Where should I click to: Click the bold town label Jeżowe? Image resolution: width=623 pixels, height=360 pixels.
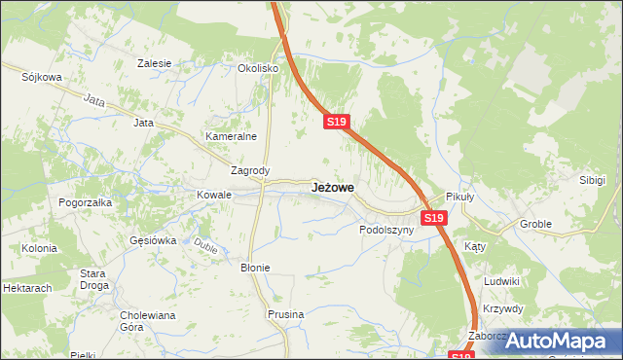tap(333, 186)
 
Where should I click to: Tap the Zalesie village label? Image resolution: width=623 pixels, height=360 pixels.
tap(155, 63)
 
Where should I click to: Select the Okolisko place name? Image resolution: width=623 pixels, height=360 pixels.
tap(259, 69)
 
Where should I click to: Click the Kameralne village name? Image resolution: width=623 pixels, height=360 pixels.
tap(230, 137)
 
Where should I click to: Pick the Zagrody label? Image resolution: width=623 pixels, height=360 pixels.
tap(248, 170)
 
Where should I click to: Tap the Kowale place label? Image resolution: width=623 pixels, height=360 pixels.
tap(214, 195)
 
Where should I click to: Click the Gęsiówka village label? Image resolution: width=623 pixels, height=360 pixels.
tap(153, 239)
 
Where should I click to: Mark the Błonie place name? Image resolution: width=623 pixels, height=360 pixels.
tap(255, 267)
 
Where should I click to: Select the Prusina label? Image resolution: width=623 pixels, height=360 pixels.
tap(286, 314)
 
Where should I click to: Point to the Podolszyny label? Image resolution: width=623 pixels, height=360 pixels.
tap(386, 231)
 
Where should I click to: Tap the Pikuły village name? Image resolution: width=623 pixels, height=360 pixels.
tap(459, 196)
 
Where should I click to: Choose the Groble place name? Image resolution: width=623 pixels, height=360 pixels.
tap(535, 224)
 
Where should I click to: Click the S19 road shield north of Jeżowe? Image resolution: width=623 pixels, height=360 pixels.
tap(336, 122)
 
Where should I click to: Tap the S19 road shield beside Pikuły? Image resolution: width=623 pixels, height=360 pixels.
tap(434, 219)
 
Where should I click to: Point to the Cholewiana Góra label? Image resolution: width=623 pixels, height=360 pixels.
tap(146, 321)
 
